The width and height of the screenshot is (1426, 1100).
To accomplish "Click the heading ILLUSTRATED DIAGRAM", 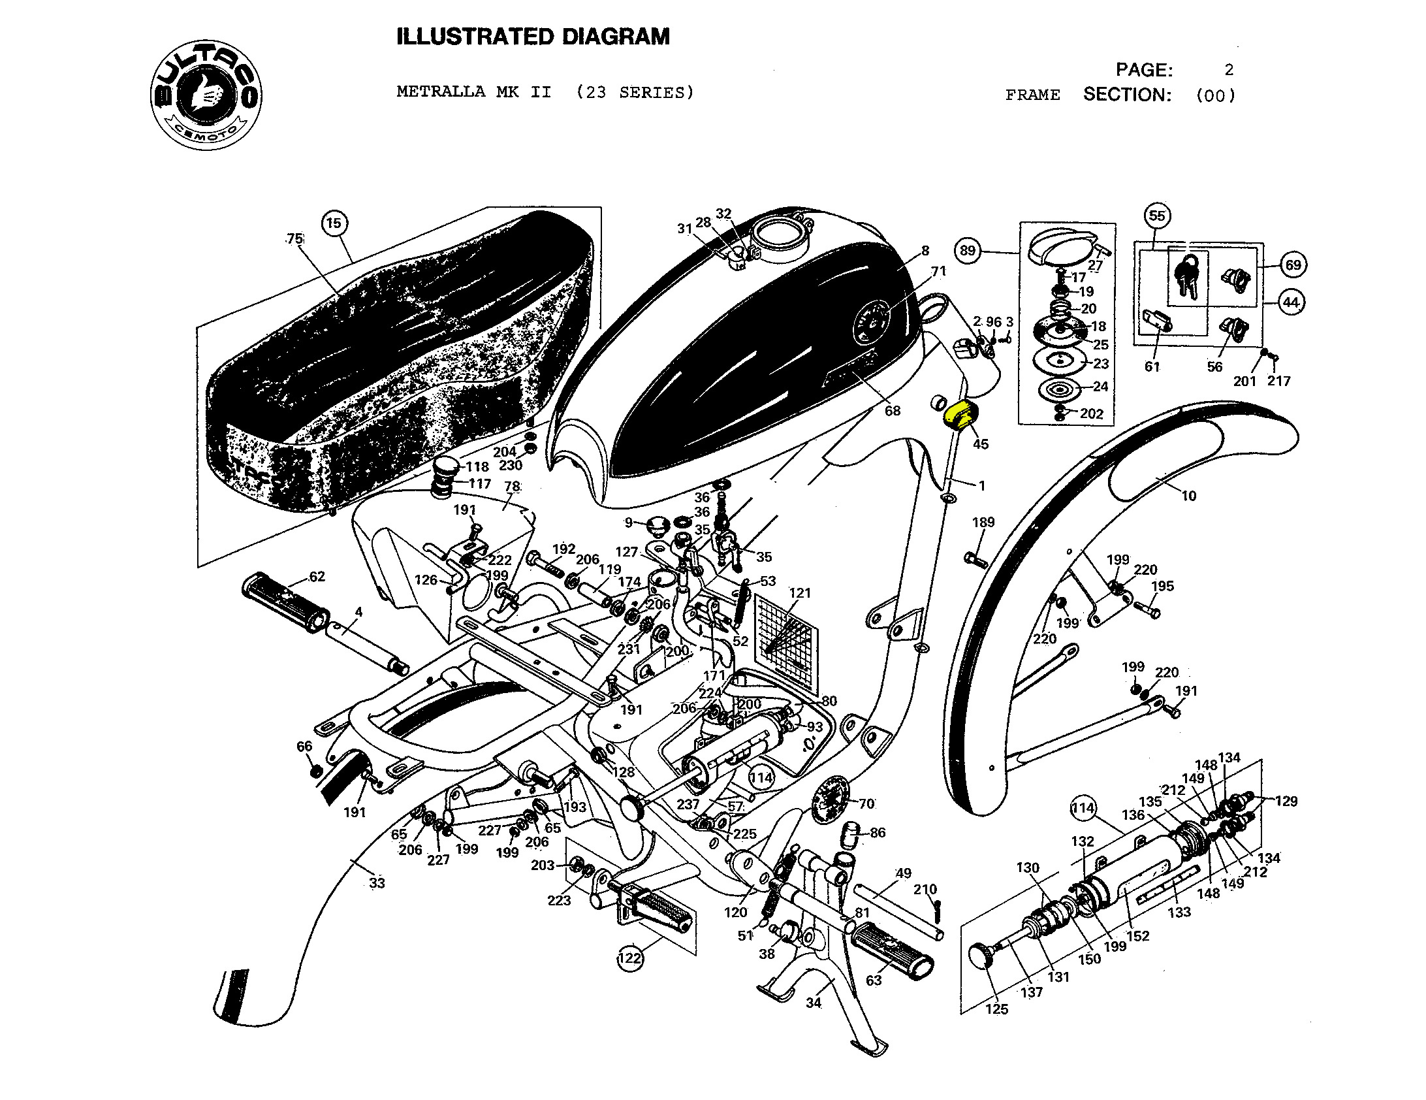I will tap(533, 37).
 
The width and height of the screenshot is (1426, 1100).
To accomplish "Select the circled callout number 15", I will tap(334, 223).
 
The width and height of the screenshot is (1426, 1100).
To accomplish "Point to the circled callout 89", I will tap(968, 250).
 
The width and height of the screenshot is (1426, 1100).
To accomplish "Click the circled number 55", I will tap(1157, 216).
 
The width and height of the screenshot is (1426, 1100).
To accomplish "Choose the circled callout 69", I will tap(1293, 265).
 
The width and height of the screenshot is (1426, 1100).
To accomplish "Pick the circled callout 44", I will tap(1291, 302).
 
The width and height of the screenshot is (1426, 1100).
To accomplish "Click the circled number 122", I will tap(629, 958).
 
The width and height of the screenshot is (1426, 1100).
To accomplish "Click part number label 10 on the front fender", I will tap(1188, 496).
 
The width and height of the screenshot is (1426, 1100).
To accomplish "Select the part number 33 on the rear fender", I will tap(377, 883).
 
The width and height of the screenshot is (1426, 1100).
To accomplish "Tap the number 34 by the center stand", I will tap(814, 1003).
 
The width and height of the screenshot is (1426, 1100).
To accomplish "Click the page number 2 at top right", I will tap(1229, 70).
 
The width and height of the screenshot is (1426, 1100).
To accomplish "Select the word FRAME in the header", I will tap(1032, 95).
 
